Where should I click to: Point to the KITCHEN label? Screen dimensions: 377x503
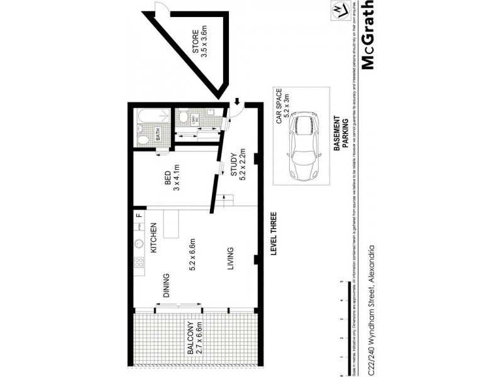[152, 236]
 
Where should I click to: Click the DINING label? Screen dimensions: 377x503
[167, 285]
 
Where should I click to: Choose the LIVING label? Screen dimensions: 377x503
[232, 260]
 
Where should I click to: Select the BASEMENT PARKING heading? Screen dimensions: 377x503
[340, 136]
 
